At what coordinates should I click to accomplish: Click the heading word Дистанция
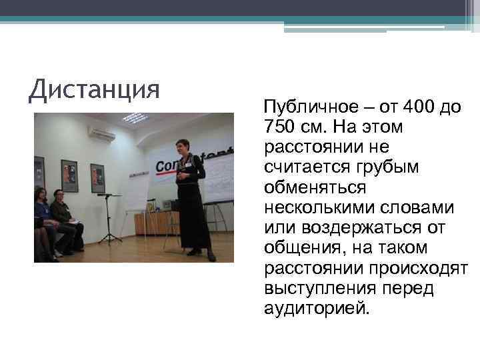click(x=95, y=89)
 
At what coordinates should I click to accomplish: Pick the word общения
click(x=300, y=247)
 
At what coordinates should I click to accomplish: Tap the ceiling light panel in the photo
click(x=135, y=118)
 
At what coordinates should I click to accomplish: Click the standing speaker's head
click(x=183, y=147)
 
